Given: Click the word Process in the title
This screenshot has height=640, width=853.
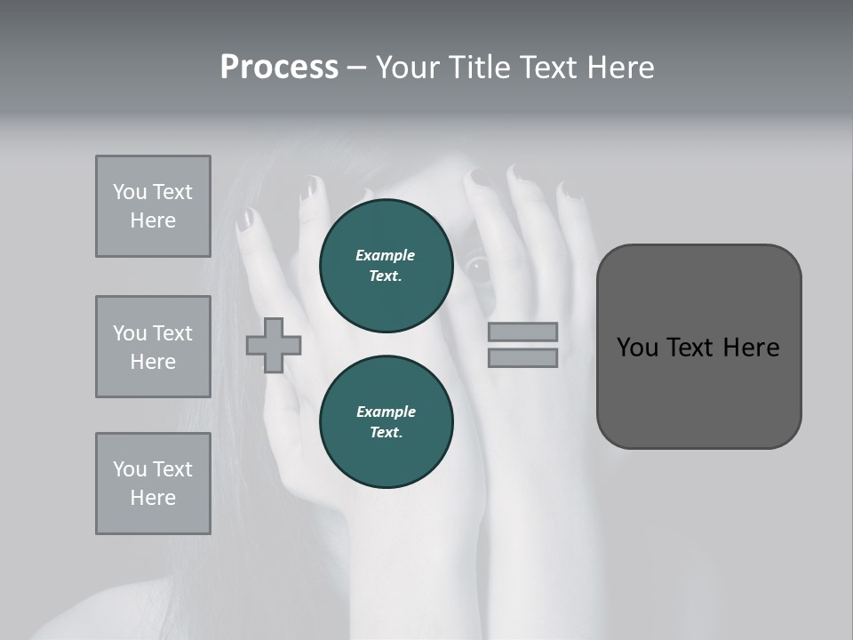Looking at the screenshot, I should coord(279,68).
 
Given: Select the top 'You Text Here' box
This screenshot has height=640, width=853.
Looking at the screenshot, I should coord(153,206).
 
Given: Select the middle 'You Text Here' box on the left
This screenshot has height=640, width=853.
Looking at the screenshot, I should coord(153,347).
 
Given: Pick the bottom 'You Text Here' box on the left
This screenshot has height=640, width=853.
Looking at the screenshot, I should coord(153,484).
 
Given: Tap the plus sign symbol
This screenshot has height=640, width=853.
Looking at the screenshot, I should coord(274,345).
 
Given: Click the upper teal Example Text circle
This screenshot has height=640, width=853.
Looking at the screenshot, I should coord(386,266).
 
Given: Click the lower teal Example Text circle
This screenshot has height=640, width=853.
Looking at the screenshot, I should coord(386,422).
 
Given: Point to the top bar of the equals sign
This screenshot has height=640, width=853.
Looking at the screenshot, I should coord(522,332).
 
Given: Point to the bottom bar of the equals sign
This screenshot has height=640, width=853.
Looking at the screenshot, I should coord(522,358).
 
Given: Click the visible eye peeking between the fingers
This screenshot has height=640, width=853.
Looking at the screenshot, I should coord(479,266).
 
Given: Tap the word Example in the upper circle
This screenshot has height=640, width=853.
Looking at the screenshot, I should coord(385,255).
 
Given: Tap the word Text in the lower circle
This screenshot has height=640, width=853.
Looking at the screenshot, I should coord(386,433).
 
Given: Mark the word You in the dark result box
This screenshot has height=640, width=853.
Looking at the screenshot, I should coord(637,348).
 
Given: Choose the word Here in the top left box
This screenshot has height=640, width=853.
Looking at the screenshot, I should coord(153,220).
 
